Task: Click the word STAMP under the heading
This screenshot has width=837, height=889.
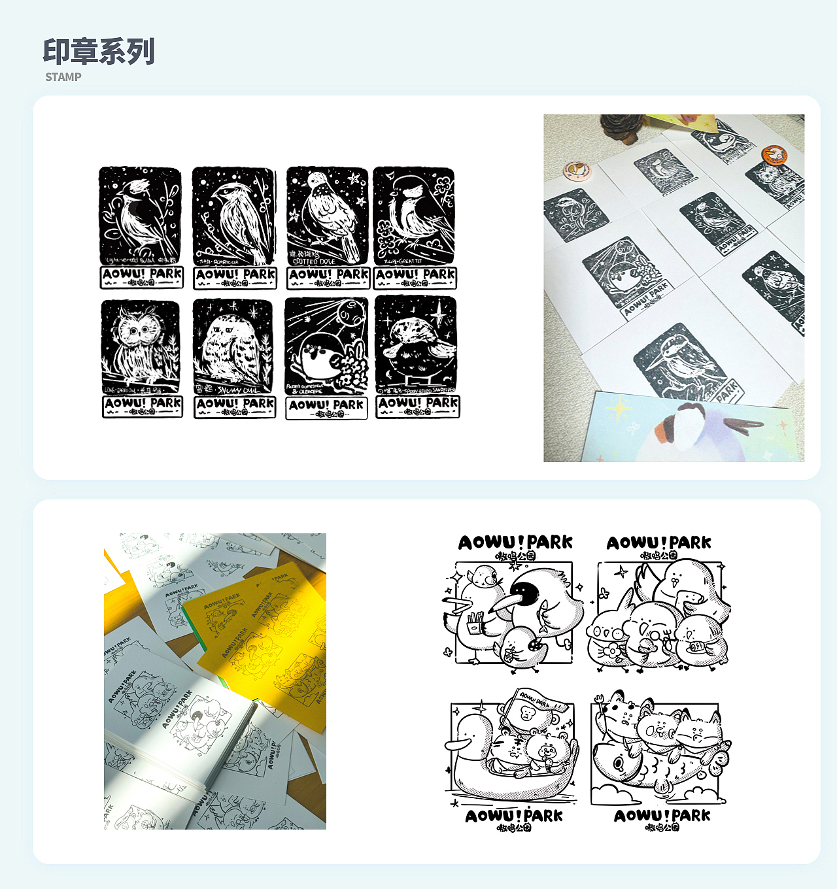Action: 63,77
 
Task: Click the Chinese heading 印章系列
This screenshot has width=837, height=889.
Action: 99,52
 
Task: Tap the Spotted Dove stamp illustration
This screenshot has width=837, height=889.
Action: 327,216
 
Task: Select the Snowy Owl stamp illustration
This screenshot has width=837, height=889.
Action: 233,346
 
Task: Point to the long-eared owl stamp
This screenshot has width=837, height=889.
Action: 140,346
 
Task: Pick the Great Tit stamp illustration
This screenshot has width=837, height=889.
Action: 414,216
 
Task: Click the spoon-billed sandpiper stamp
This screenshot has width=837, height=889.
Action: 416,344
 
